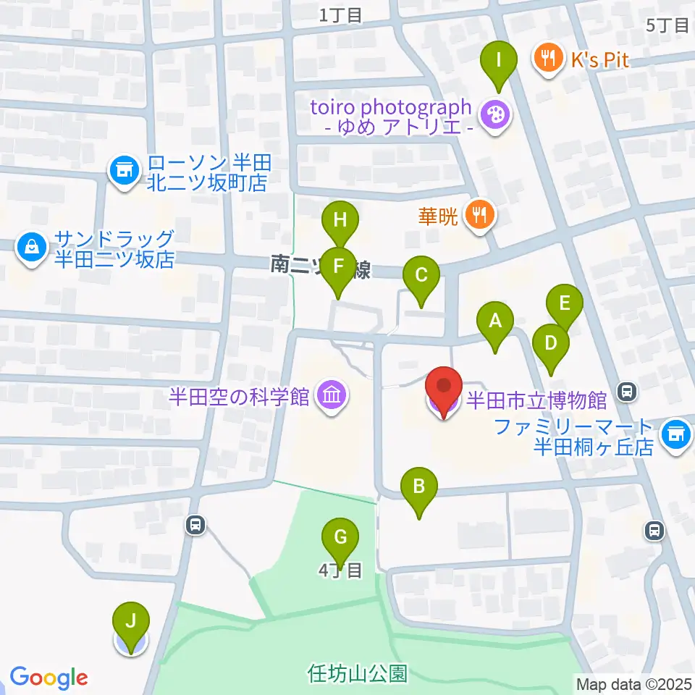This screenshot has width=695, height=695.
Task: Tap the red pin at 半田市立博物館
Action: (x=443, y=389)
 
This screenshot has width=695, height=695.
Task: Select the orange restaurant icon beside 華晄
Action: (x=479, y=215)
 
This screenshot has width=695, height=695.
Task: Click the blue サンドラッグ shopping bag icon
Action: (x=31, y=248)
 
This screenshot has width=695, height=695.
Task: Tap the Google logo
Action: (x=49, y=678)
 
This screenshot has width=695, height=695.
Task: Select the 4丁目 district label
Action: (x=340, y=570)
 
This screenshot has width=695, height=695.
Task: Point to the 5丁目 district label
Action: (x=667, y=26)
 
